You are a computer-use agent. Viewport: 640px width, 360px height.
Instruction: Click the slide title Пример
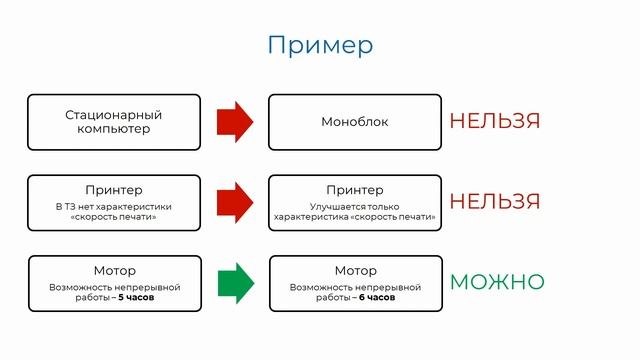pyautogui.click(x=320, y=45)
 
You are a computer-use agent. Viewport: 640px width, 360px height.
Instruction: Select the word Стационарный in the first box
pyautogui.click(x=113, y=115)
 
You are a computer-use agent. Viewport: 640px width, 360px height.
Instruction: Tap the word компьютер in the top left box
pyautogui.click(x=113, y=130)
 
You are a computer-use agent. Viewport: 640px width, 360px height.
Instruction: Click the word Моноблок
pyautogui.click(x=354, y=122)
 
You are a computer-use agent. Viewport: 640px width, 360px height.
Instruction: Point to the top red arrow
pyautogui.click(x=235, y=122)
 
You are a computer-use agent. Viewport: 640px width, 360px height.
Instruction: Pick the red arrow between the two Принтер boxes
pyautogui.click(x=235, y=202)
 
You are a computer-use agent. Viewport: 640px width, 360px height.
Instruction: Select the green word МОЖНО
pyautogui.click(x=497, y=282)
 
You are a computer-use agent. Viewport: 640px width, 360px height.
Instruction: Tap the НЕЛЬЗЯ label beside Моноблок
pyautogui.click(x=494, y=121)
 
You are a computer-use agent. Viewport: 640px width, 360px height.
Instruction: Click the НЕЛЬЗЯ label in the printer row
pyautogui.click(x=494, y=201)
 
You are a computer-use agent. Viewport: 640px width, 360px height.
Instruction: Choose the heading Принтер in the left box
pyautogui.click(x=114, y=190)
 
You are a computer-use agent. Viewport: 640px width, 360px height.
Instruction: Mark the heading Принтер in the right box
pyautogui.click(x=354, y=190)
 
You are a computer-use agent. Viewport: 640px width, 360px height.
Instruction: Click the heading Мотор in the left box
pyautogui.click(x=114, y=271)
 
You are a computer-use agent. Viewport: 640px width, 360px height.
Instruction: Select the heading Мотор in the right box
pyautogui.click(x=355, y=271)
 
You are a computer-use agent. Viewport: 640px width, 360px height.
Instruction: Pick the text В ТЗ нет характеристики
pyautogui.click(x=114, y=206)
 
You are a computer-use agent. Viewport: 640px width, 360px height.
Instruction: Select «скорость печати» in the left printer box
pyautogui.click(x=114, y=217)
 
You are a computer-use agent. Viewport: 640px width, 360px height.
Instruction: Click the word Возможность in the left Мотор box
pyautogui.click(x=78, y=286)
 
